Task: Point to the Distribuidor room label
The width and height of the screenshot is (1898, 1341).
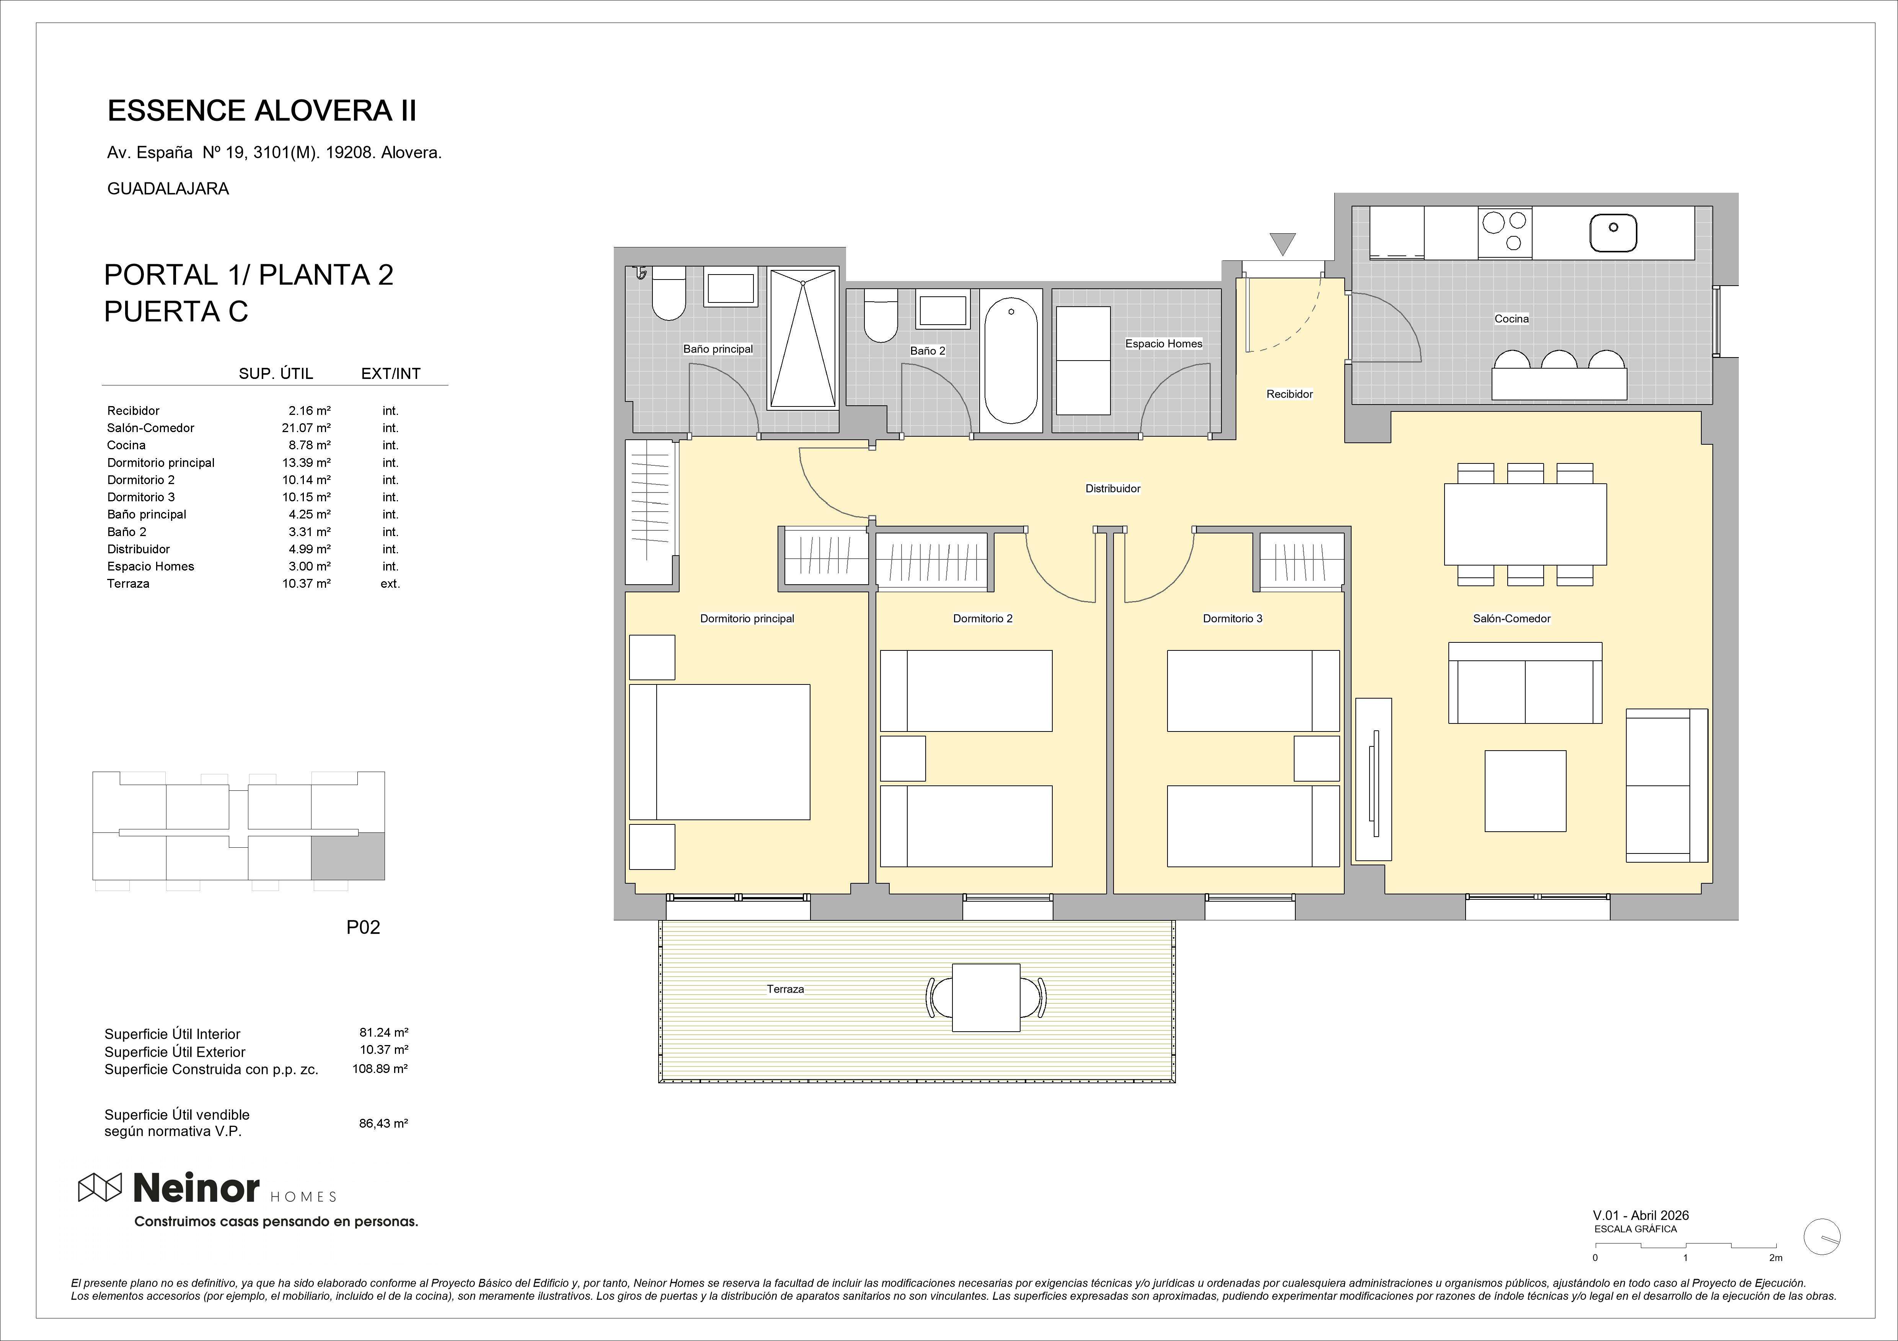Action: coord(1113,488)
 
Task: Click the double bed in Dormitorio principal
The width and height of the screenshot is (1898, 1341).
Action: coord(719,752)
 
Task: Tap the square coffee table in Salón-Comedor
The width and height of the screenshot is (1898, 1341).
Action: coord(1525,791)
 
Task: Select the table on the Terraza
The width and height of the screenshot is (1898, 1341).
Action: coord(986,997)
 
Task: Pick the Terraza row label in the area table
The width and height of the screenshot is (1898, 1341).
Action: coord(128,584)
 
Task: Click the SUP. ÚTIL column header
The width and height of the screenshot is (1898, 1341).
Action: coord(276,374)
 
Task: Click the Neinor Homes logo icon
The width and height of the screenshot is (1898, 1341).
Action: coord(100,1187)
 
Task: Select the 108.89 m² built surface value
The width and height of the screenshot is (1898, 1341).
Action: coord(380,1068)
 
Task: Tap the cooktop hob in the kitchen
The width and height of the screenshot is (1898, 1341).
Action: coord(1505,231)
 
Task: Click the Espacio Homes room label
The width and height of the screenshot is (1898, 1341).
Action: coord(1163,344)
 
